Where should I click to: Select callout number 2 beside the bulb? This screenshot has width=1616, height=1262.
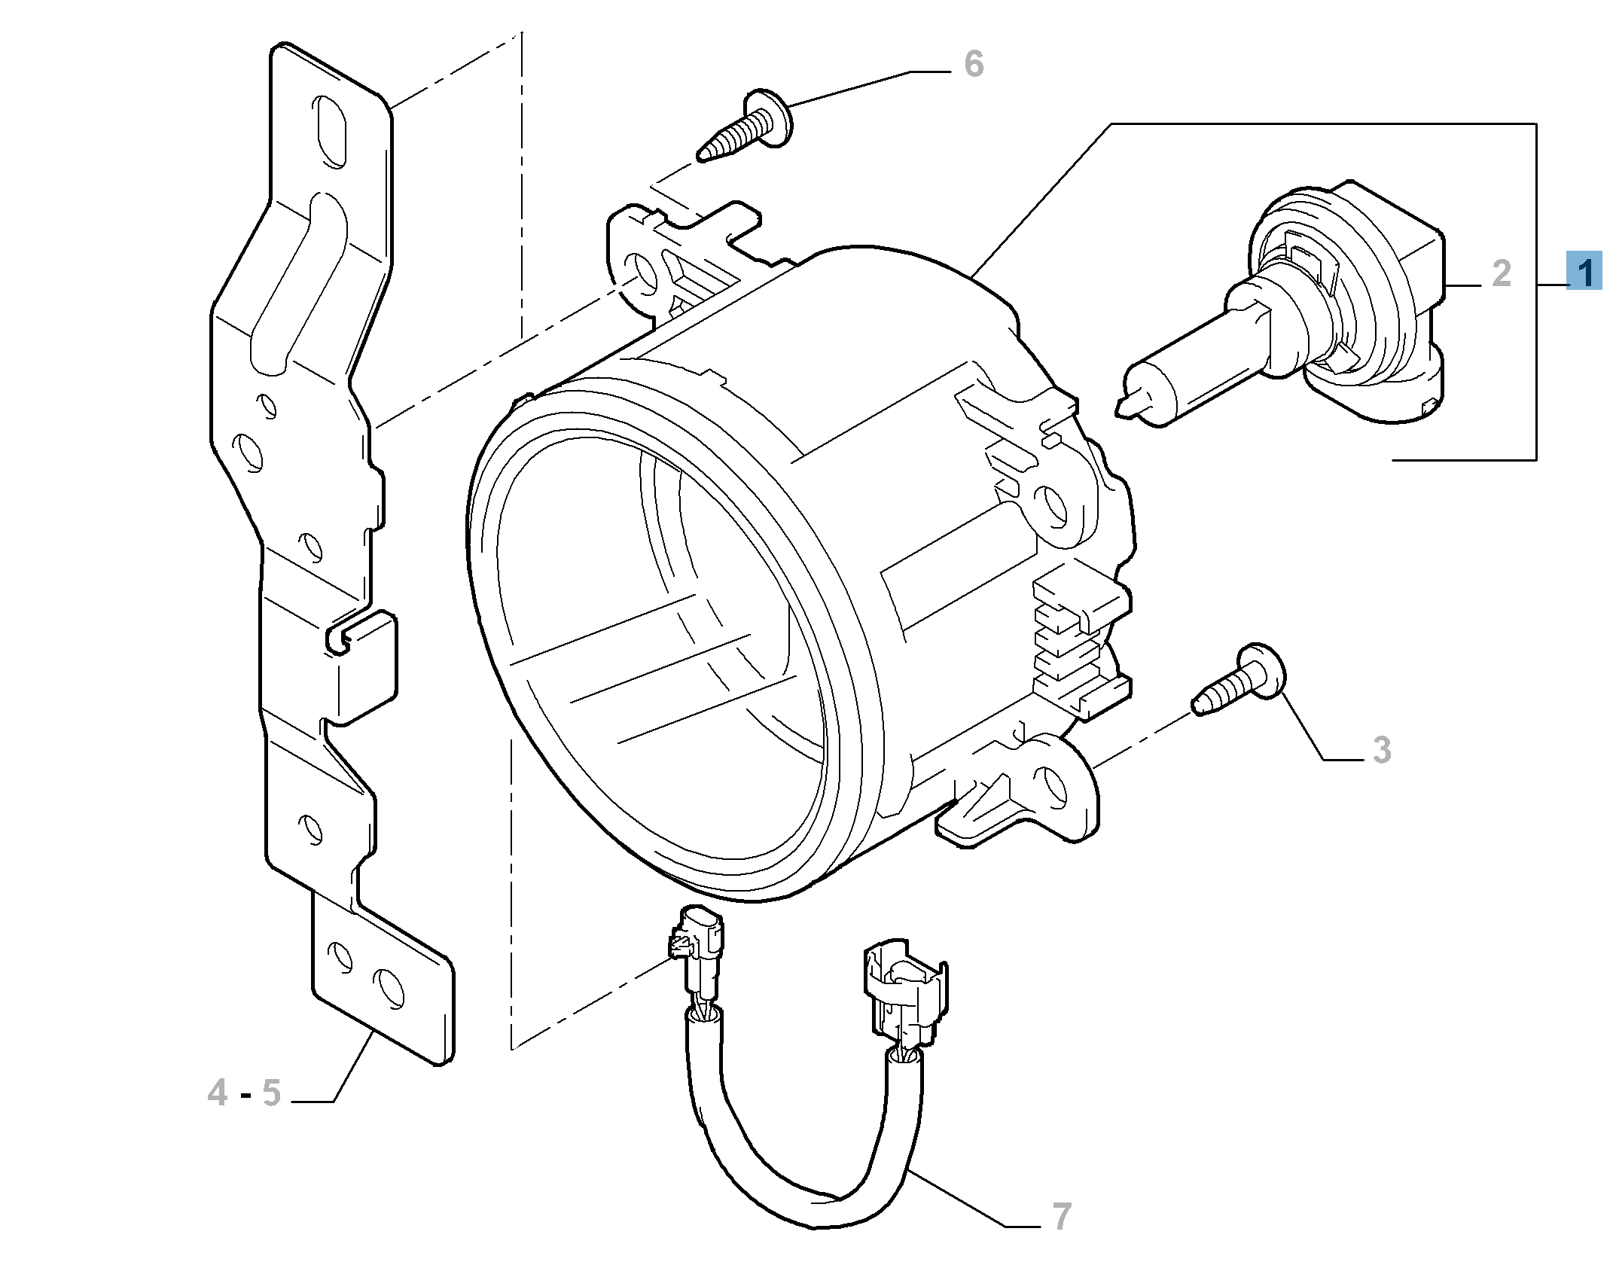click(x=1502, y=273)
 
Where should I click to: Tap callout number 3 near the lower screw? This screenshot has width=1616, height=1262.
click(x=1381, y=750)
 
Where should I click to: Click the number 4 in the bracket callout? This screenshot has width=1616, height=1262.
click(x=218, y=1093)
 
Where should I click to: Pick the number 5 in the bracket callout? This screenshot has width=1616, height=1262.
click(x=271, y=1093)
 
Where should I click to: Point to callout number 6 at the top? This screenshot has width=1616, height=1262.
click(x=974, y=65)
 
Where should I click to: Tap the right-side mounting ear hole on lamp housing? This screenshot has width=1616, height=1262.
click(x=1050, y=504)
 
